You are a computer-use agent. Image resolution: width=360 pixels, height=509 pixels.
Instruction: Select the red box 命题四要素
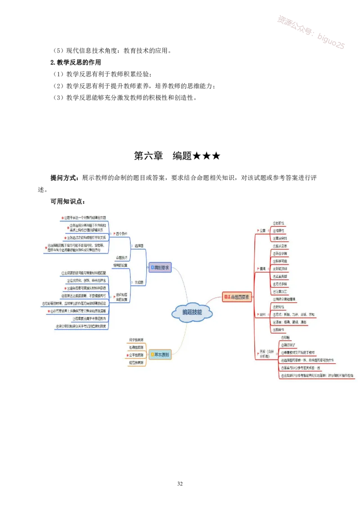(237, 297)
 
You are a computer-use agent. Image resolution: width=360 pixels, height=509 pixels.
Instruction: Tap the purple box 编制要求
(160, 267)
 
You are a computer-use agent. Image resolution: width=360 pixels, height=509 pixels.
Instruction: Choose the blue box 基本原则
(160, 355)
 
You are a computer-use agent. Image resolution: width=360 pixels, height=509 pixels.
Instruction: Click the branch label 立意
(263, 231)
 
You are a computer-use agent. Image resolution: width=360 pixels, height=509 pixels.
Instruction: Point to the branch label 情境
(263, 268)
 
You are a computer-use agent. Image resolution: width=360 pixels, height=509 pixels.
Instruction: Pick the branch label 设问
(263, 314)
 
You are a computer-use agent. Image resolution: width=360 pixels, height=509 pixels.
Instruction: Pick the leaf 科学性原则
(136, 339)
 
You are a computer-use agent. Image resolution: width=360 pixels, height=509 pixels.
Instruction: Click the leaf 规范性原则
(136, 362)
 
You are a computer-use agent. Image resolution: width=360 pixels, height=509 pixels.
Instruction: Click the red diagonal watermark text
(311, 32)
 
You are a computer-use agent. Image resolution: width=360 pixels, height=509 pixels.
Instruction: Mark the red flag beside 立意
(256, 231)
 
